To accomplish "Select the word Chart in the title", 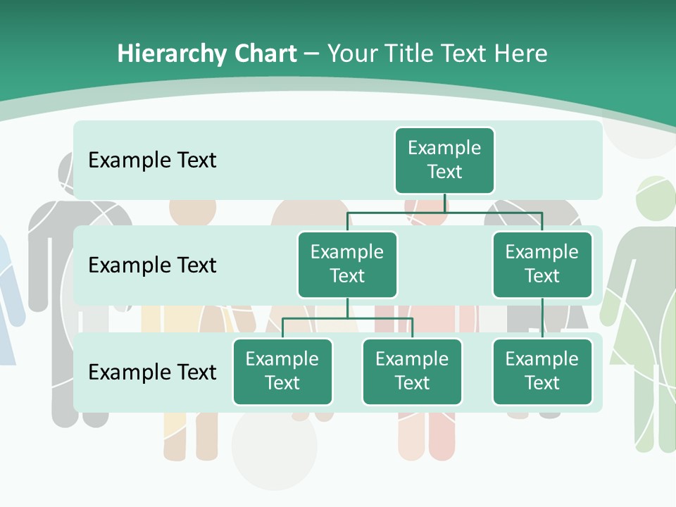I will click(x=265, y=54).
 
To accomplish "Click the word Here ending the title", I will click(x=521, y=54).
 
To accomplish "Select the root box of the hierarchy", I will click(x=444, y=160).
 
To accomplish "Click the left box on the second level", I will click(x=347, y=264).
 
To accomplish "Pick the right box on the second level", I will click(x=542, y=264).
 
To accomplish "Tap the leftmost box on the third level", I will click(x=282, y=371).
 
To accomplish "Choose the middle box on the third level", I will click(x=412, y=371).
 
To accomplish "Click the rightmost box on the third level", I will click(x=542, y=371).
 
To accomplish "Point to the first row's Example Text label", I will click(x=152, y=160).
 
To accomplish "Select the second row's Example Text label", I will click(x=152, y=265).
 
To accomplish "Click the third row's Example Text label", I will click(x=152, y=372).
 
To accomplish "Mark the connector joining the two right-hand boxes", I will click(x=542, y=318).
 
